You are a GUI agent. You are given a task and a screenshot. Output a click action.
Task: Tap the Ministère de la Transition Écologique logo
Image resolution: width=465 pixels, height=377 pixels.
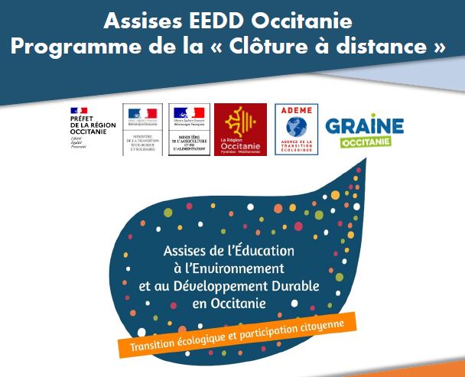coord(143,129)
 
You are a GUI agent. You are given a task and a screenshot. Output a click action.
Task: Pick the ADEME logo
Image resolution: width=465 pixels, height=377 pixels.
coord(295,129)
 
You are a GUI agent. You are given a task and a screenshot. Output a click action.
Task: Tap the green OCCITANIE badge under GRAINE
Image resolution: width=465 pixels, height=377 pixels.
coord(365,143)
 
